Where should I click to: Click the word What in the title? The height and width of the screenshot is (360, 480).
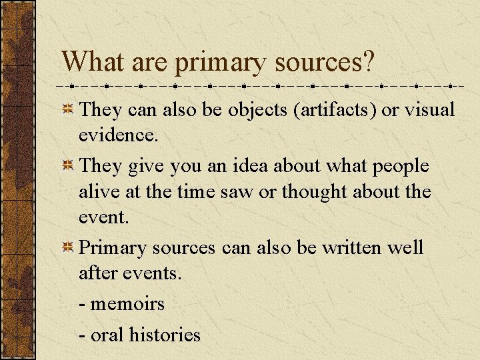(90, 63)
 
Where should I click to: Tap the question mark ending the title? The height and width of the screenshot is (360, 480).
(369, 63)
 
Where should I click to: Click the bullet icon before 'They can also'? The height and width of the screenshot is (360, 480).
(68, 110)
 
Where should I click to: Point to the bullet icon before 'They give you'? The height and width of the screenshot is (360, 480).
(68, 165)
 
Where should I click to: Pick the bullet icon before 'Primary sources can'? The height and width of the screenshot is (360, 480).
(68, 248)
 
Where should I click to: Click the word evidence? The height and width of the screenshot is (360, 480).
(117, 136)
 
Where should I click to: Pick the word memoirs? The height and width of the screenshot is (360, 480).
(127, 303)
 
